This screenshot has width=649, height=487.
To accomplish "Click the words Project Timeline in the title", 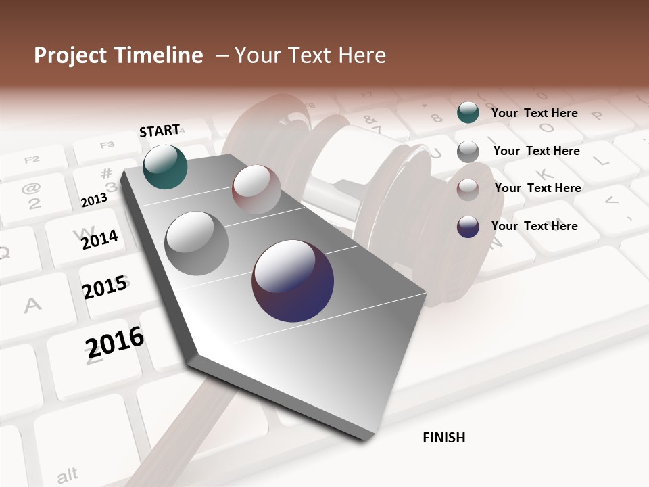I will click(x=118, y=55).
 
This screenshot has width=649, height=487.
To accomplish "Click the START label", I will click(x=160, y=131).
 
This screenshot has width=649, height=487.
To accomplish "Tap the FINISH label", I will click(x=443, y=438).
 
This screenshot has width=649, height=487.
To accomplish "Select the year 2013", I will click(x=94, y=200).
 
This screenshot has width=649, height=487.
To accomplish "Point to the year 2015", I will click(x=105, y=287).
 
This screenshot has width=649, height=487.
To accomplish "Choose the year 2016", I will click(x=115, y=342).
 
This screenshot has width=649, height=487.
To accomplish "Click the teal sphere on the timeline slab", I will click(x=166, y=166).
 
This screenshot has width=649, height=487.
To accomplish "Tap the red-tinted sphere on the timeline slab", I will click(x=256, y=189).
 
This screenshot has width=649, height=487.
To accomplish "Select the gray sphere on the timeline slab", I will click(x=197, y=243).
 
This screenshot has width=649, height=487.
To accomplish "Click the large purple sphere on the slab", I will click(x=293, y=280).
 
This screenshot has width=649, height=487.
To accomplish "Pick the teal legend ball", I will click(x=468, y=112).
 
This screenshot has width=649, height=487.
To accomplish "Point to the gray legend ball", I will click(x=468, y=152).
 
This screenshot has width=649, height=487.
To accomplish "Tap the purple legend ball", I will click(x=468, y=227).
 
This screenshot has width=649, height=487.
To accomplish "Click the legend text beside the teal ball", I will click(x=534, y=113).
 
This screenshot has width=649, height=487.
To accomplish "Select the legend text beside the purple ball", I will click(x=534, y=226).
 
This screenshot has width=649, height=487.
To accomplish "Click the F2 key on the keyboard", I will click(x=32, y=160).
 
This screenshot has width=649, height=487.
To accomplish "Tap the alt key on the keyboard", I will click(x=67, y=475).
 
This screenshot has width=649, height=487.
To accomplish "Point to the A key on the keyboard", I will click(x=32, y=306).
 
